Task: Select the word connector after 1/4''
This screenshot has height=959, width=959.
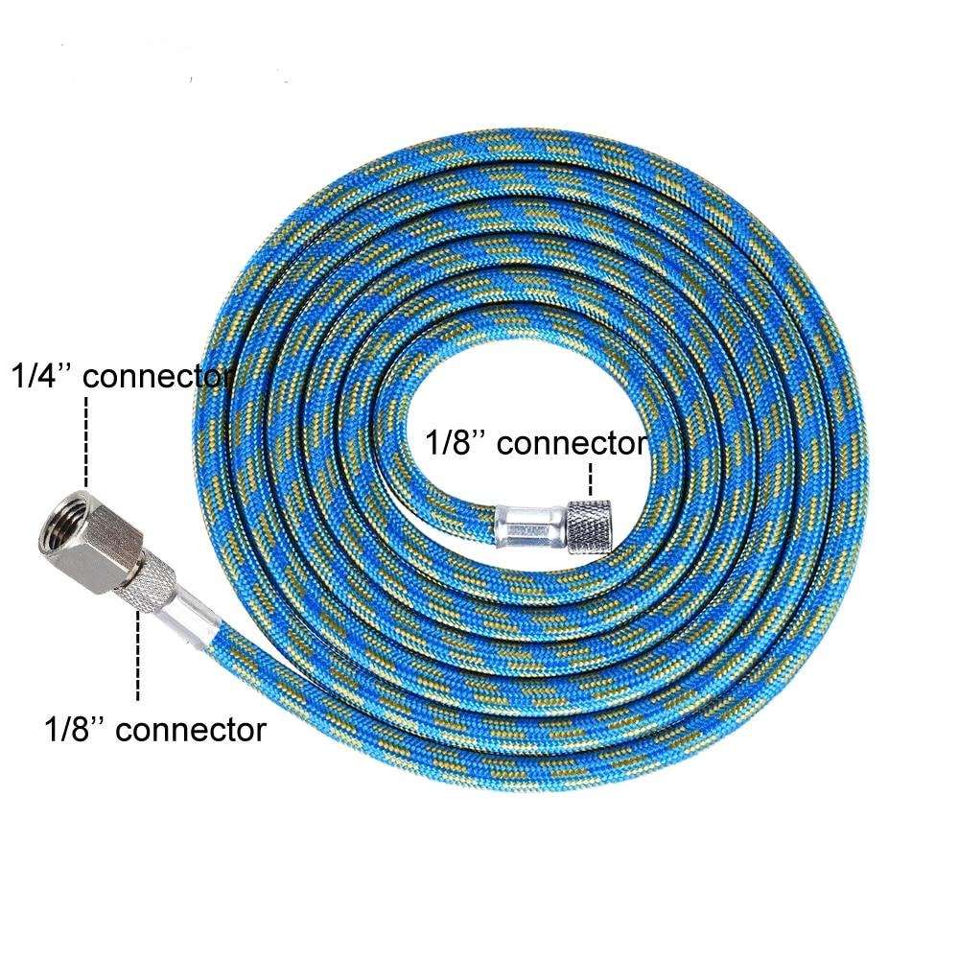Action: pyautogui.click(x=158, y=377)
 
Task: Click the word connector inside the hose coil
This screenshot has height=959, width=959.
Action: pyautogui.click(x=572, y=444)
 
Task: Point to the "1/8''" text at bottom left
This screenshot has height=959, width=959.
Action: pyautogui.click(x=75, y=729)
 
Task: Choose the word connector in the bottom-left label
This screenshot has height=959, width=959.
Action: pyautogui.click(x=191, y=730)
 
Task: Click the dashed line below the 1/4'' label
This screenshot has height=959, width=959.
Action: pyautogui.click(x=85, y=441)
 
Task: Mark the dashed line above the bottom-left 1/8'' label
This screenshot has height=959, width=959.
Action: pyautogui.click(x=138, y=655)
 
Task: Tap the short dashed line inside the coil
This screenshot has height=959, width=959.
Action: pyautogui.click(x=590, y=479)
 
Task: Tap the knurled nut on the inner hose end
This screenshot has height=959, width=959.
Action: pyautogui.click(x=589, y=527)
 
